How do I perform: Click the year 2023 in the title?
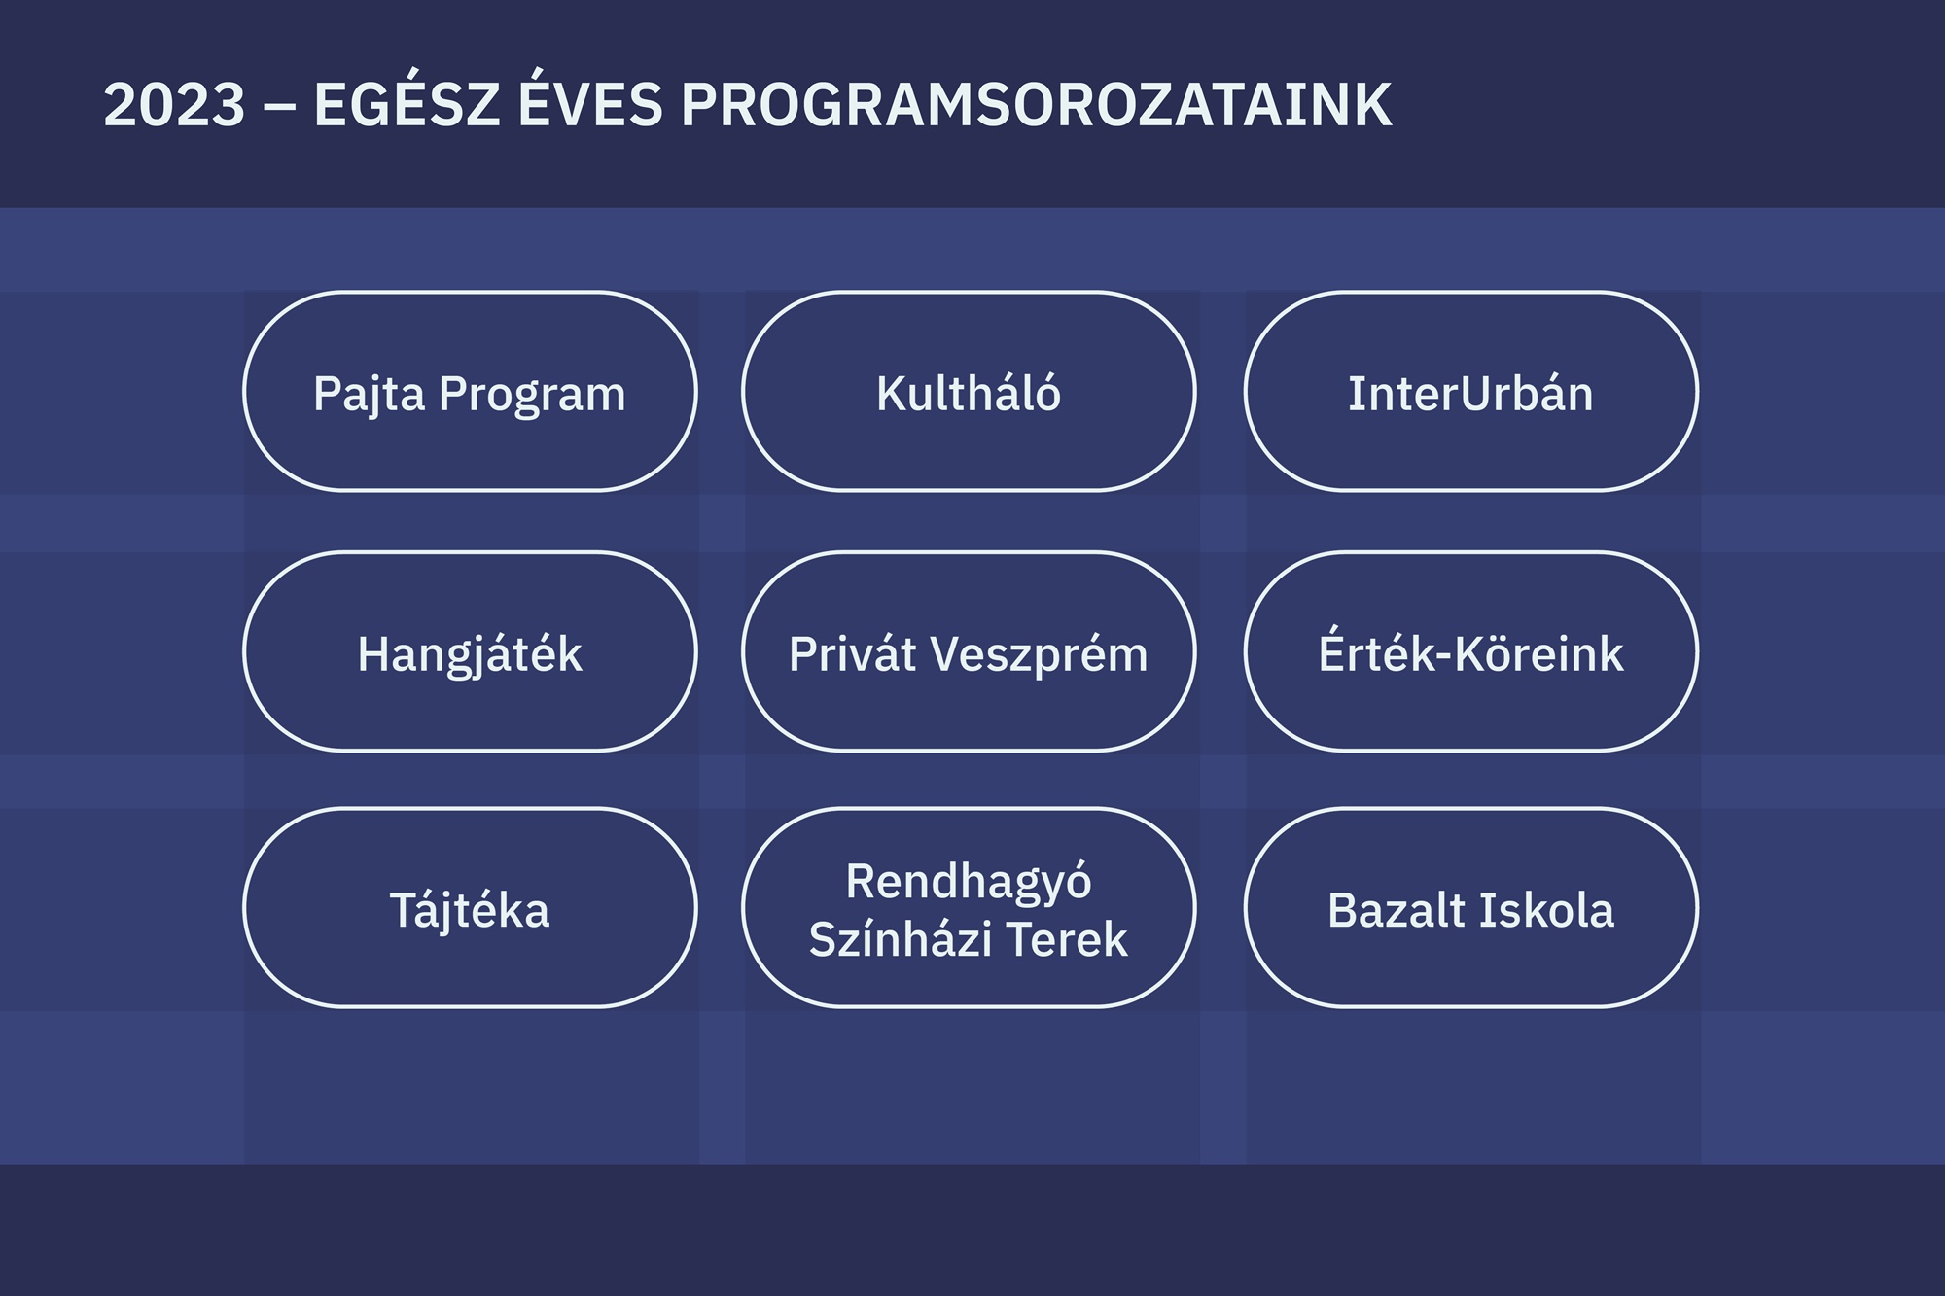(x=174, y=105)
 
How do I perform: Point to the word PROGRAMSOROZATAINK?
(x=1037, y=105)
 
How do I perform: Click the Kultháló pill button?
(x=969, y=391)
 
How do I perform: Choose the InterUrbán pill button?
(x=1471, y=391)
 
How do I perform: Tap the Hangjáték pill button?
(x=470, y=651)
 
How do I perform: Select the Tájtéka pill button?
(x=470, y=908)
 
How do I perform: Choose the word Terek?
(x=1067, y=939)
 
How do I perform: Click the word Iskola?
(x=1546, y=910)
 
